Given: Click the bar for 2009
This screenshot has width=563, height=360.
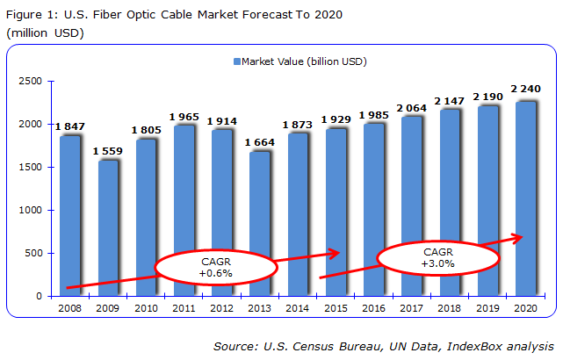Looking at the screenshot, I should click(x=108, y=228).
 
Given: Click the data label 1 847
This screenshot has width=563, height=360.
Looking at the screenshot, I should click(x=70, y=127).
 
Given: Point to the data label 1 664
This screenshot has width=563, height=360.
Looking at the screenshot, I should click(x=260, y=143).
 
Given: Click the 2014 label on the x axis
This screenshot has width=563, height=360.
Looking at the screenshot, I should click(x=298, y=309).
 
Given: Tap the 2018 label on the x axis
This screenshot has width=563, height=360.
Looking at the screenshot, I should click(x=450, y=309).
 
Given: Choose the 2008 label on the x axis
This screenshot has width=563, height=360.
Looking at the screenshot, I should click(x=70, y=309).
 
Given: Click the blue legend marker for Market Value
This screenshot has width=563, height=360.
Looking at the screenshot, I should click(x=236, y=61).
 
